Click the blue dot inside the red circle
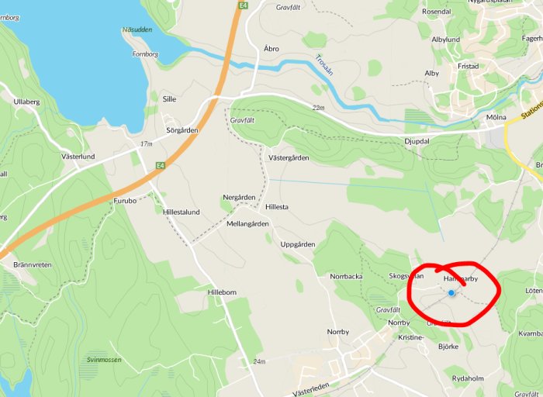451,292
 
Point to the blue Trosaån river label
324,65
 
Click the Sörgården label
182,130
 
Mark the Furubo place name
125,200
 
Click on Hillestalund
182,212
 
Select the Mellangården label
247,224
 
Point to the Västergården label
288,158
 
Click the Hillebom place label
225,292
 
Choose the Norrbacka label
346,276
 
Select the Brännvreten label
33,264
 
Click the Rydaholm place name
469,378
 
